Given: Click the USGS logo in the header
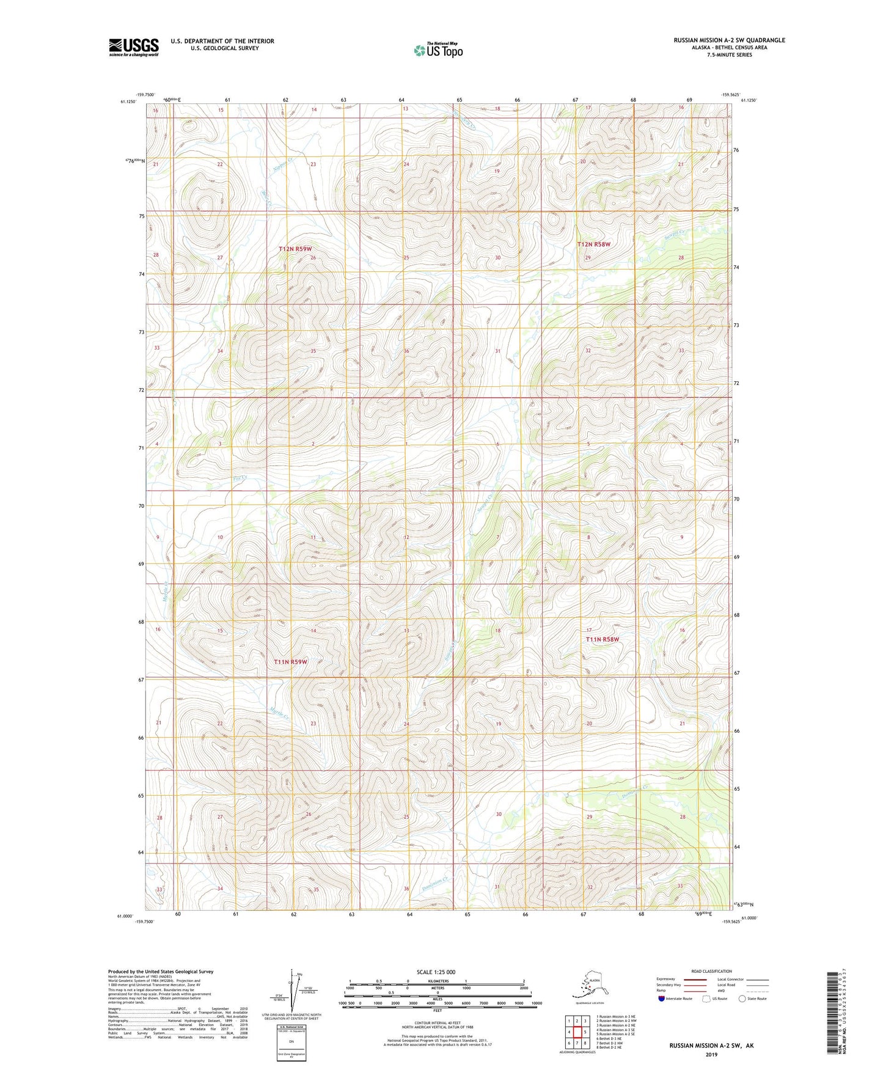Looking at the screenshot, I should coord(133,47).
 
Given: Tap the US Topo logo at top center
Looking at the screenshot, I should coord(438,50).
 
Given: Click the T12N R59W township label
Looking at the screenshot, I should coord(295,249).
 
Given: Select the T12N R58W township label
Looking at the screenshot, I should coord(593,244).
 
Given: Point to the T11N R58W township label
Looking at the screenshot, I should coord(602,639).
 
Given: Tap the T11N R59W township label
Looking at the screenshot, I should coord(290,662).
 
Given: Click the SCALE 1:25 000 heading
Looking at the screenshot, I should coord(436,972).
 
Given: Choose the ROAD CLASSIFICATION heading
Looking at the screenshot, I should coord(712,971).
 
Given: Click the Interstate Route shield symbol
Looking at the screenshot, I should coord(662,999).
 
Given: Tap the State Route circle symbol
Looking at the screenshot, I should coord(742,999).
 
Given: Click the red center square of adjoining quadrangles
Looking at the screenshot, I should coord(577,1032).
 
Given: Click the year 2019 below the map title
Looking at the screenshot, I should coord(711,1054).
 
